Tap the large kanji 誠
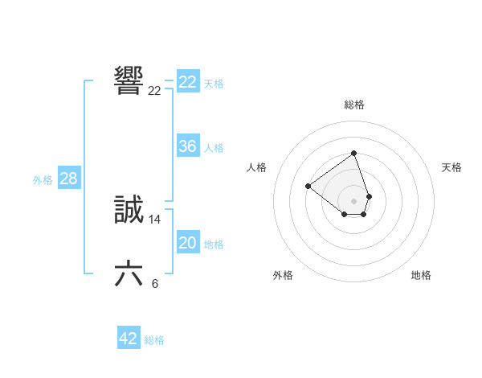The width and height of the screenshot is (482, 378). click(129, 211)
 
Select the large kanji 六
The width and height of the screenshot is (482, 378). click(129, 274)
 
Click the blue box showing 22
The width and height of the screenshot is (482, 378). click(188, 82)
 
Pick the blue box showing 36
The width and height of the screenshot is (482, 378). click(188, 146)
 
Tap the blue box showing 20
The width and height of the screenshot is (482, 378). click(188, 243)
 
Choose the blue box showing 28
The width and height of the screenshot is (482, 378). click(68, 179)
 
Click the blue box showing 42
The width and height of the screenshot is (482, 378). click(129, 339)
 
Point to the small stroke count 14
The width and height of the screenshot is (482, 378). click(155, 220)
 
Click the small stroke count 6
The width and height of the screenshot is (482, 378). click(155, 283)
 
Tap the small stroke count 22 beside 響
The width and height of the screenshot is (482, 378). click(155, 91)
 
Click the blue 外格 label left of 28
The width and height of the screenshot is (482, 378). click(43, 180)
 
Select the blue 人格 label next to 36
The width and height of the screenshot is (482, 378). click(214, 148)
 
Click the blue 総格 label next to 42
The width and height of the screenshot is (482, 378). click(154, 340)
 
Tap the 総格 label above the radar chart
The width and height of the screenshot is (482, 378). click(354, 105)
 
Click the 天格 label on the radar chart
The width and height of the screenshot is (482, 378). click(451, 167)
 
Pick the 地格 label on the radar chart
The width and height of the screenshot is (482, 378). click(421, 275)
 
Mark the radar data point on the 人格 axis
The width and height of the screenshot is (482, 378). click(308, 186)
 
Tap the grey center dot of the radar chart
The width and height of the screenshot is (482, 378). click(354, 200)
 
